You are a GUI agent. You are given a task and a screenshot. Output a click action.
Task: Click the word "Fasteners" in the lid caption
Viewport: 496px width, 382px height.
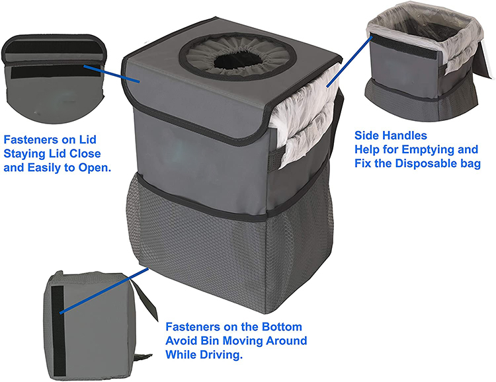point(32,140)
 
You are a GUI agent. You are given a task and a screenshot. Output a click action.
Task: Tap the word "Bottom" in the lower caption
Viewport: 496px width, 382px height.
point(280,327)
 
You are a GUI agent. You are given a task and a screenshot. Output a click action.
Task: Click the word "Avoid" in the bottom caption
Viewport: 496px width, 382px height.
point(179,341)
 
